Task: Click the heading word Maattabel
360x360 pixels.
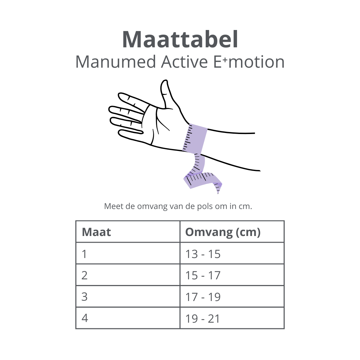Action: point(180,40)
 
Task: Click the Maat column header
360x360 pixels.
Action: point(96,232)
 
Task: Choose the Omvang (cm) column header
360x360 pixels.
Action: point(223,232)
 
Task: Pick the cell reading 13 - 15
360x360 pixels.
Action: point(203,254)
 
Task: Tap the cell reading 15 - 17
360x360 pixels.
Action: point(203,275)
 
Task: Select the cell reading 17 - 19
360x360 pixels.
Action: point(203,297)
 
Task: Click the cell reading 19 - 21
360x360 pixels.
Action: point(203,318)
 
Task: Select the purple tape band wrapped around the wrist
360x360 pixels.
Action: point(195,138)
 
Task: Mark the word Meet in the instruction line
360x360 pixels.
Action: point(112,206)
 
